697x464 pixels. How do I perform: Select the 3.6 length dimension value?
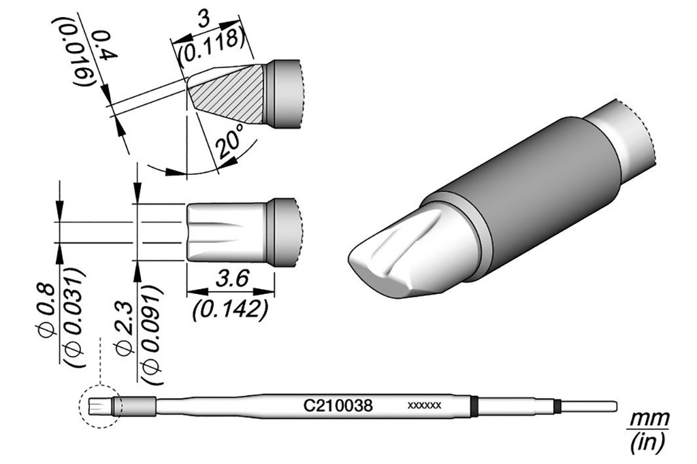(231, 280)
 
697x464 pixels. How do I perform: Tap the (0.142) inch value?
(231, 310)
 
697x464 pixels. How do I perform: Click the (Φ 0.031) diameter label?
(74, 317)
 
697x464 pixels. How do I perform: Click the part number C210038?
(338, 405)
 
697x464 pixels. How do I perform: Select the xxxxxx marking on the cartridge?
(425, 405)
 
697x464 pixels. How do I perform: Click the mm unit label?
(650, 418)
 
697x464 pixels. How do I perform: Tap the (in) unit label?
(649, 442)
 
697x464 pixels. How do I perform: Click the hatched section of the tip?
(227, 94)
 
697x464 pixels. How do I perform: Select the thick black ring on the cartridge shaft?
(474, 405)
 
